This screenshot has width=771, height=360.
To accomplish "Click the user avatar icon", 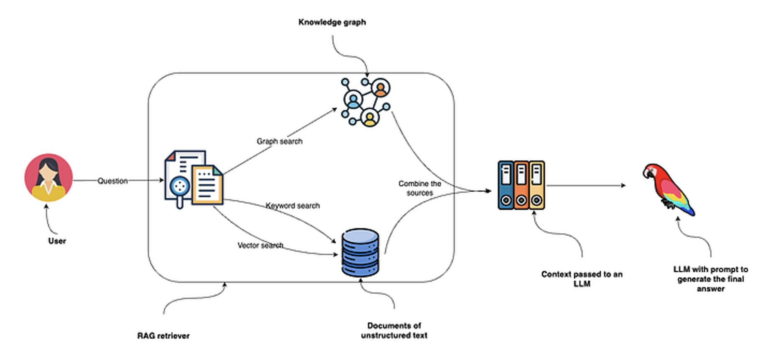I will [49, 177].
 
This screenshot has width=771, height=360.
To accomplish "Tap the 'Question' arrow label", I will [112, 181].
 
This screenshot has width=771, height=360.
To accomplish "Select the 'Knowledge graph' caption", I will [332, 22].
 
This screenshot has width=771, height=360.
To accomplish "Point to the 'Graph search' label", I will [279, 141].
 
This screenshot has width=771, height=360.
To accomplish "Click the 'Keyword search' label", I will [293, 206].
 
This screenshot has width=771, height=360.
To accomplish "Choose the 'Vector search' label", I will [260, 245].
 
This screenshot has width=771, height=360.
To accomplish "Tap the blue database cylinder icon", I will [360, 253].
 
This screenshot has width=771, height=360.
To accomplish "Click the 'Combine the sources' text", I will [420, 188].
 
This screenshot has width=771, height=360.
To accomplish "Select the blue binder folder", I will [505, 185].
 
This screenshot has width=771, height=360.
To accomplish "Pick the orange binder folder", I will [521, 185].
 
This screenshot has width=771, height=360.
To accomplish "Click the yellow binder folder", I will [537, 185].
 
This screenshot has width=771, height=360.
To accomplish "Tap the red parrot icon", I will [668, 188].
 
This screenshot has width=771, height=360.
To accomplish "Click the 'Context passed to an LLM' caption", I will [582, 279].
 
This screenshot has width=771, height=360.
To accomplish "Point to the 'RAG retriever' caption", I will [163, 336].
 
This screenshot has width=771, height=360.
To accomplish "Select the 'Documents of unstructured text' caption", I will [394, 330].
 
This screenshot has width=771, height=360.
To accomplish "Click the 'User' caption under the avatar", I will [57, 241].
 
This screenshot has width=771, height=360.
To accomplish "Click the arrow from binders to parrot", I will [585, 185].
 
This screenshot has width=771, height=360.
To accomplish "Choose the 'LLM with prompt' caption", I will [710, 279].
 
